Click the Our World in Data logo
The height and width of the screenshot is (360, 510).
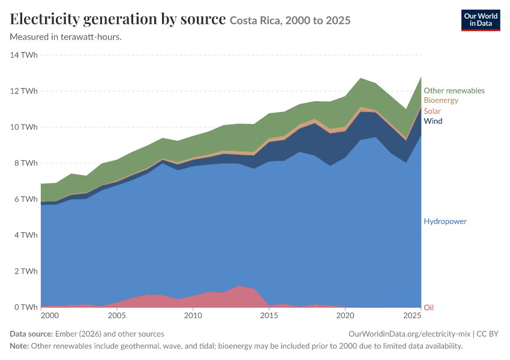(481, 20)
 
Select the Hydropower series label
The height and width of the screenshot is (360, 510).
(445, 221)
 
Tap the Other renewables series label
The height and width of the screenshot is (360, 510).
(454, 91)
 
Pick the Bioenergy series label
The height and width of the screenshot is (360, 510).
(441, 100)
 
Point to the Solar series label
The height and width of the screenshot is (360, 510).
(432, 111)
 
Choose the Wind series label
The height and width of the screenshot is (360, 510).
(433, 121)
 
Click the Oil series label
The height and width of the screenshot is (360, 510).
(428, 307)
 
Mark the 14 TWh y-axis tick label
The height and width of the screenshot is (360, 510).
(24, 55)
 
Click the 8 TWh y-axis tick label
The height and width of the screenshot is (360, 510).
(26, 163)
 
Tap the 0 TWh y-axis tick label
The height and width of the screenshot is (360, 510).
(26, 307)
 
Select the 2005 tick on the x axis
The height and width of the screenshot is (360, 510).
(117, 316)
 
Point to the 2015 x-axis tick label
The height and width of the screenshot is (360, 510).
(269, 316)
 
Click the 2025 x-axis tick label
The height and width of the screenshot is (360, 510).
(412, 316)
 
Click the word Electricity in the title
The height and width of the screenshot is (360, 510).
(45, 19)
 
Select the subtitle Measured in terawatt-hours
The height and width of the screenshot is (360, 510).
(66, 37)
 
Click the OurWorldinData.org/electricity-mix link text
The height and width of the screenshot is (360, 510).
(409, 334)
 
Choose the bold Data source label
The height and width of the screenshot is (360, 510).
(31, 334)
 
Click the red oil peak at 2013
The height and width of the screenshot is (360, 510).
(239, 286)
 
